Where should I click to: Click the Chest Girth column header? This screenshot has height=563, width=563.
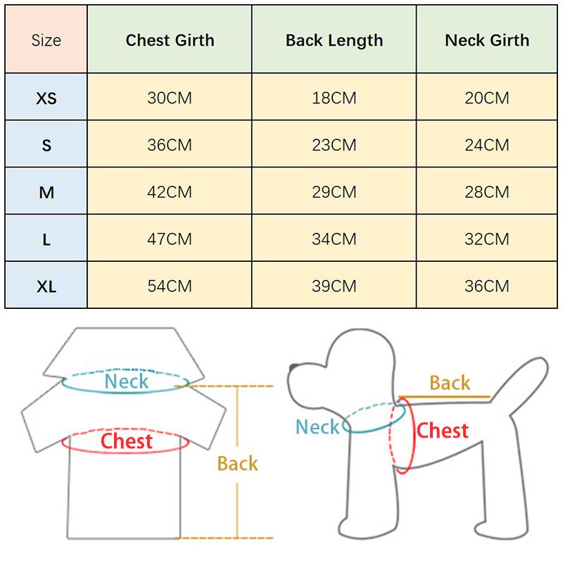tap(170, 40)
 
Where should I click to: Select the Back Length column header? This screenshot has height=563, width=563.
tap(334, 40)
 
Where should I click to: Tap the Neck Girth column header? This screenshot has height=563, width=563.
tap(487, 40)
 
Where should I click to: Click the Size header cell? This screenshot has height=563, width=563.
tap(46, 40)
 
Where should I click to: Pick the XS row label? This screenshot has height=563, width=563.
tap(46, 98)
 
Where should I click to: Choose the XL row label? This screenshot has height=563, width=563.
tap(46, 286)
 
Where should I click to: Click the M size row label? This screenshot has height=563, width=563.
tap(46, 192)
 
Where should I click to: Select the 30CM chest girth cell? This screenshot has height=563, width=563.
tap(170, 98)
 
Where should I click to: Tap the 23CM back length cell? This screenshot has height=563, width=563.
tap(334, 145)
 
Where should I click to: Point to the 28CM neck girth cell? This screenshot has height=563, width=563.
tap(487, 192)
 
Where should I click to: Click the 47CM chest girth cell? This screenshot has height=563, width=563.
tap(170, 239)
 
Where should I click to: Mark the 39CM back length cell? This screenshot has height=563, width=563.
tap(334, 286)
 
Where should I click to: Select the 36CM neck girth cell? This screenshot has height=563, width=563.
tap(487, 286)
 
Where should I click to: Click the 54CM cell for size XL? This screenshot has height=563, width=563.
tap(170, 286)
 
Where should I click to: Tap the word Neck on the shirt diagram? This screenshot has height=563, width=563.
tap(127, 382)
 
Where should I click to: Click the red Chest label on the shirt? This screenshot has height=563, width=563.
tap(127, 442)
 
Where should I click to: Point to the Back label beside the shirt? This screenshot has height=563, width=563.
tap(237, 464)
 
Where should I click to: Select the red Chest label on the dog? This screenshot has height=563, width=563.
tap(443, 430)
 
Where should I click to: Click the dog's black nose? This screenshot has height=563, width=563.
tap(293, 367)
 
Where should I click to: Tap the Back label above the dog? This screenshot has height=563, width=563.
tap(450, 384)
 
